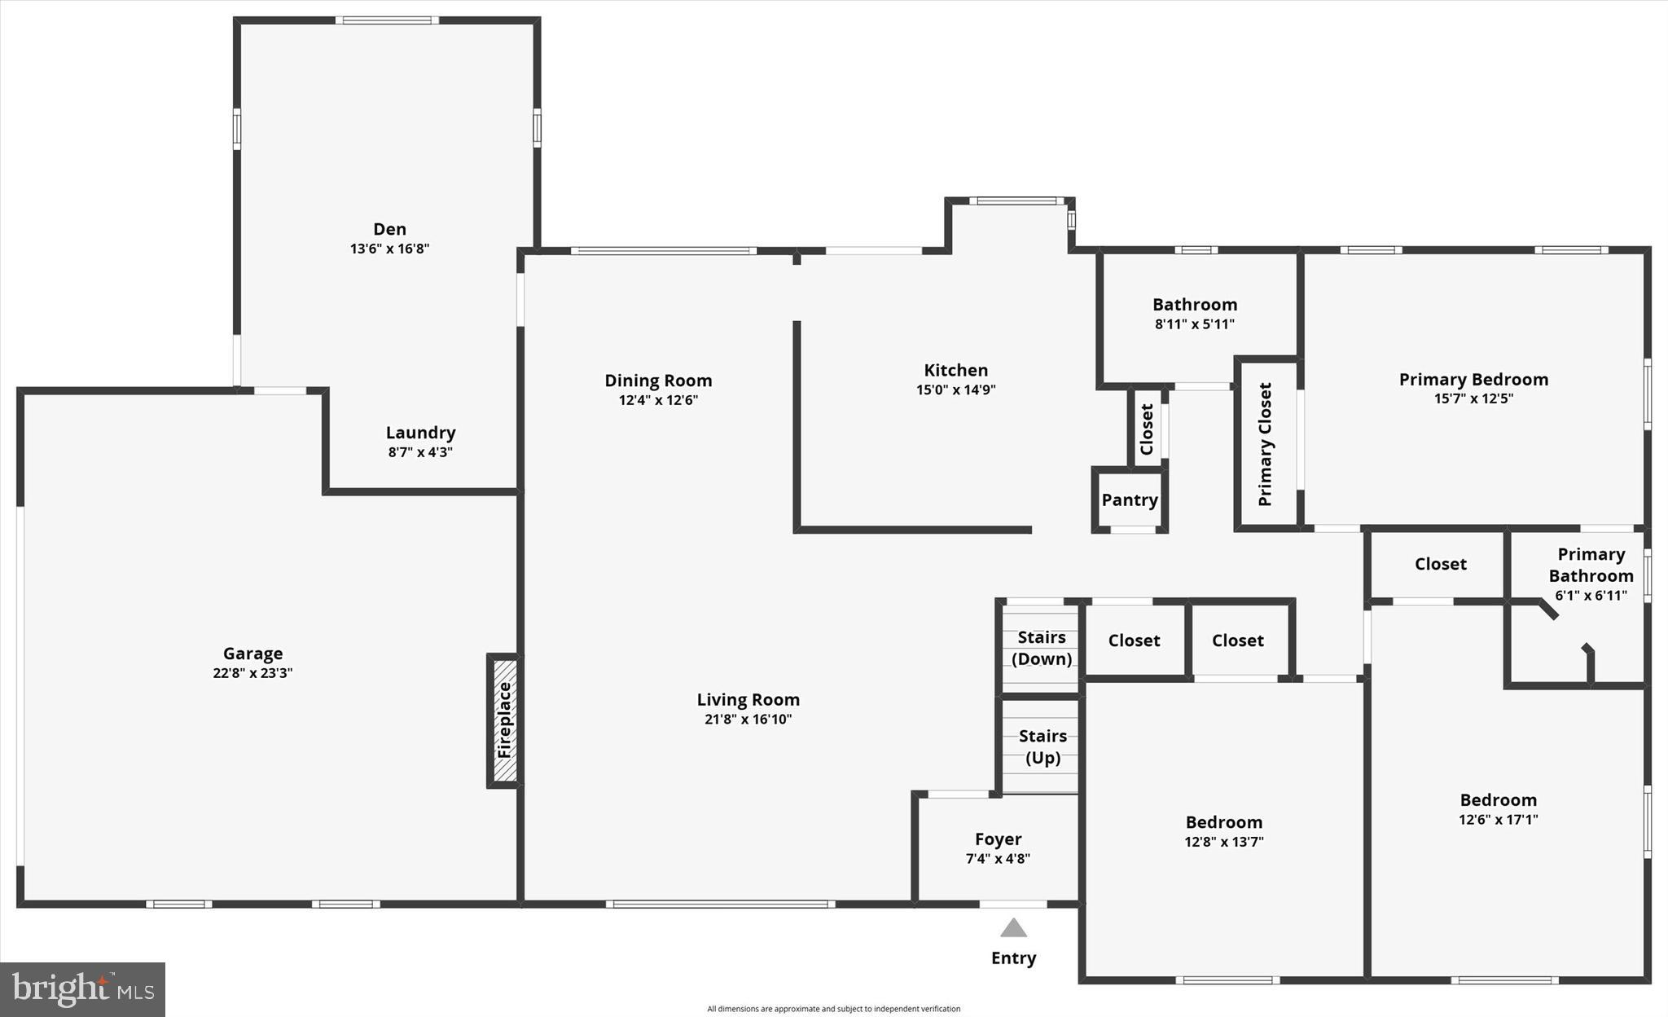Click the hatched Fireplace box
tap(505, 720)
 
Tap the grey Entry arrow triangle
tap(1013, 928)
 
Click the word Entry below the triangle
tap(1013, 958)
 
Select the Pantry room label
tap(1130, 500)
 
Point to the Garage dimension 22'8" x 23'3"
tap(252, 673)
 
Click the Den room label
tap(389, 229)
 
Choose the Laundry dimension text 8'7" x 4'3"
tap(420, 452)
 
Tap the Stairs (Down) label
tap(1042, 648)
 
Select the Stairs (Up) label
tap(1042, 746)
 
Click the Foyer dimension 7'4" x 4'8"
tap(998, 858)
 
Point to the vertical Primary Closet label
tap(1265, 444)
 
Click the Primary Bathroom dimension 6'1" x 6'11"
tap(1591, 596)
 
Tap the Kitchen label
tap(955, 370)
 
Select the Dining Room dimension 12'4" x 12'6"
tap(658, 400)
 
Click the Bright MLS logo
tap(82, 989)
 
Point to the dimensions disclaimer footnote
tap(833, 1009)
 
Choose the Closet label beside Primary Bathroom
tap(1440, 564)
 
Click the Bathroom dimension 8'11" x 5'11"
tap(1194, 324)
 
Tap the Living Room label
tap(748, 699)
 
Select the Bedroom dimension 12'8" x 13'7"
tap(1223, 842)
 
